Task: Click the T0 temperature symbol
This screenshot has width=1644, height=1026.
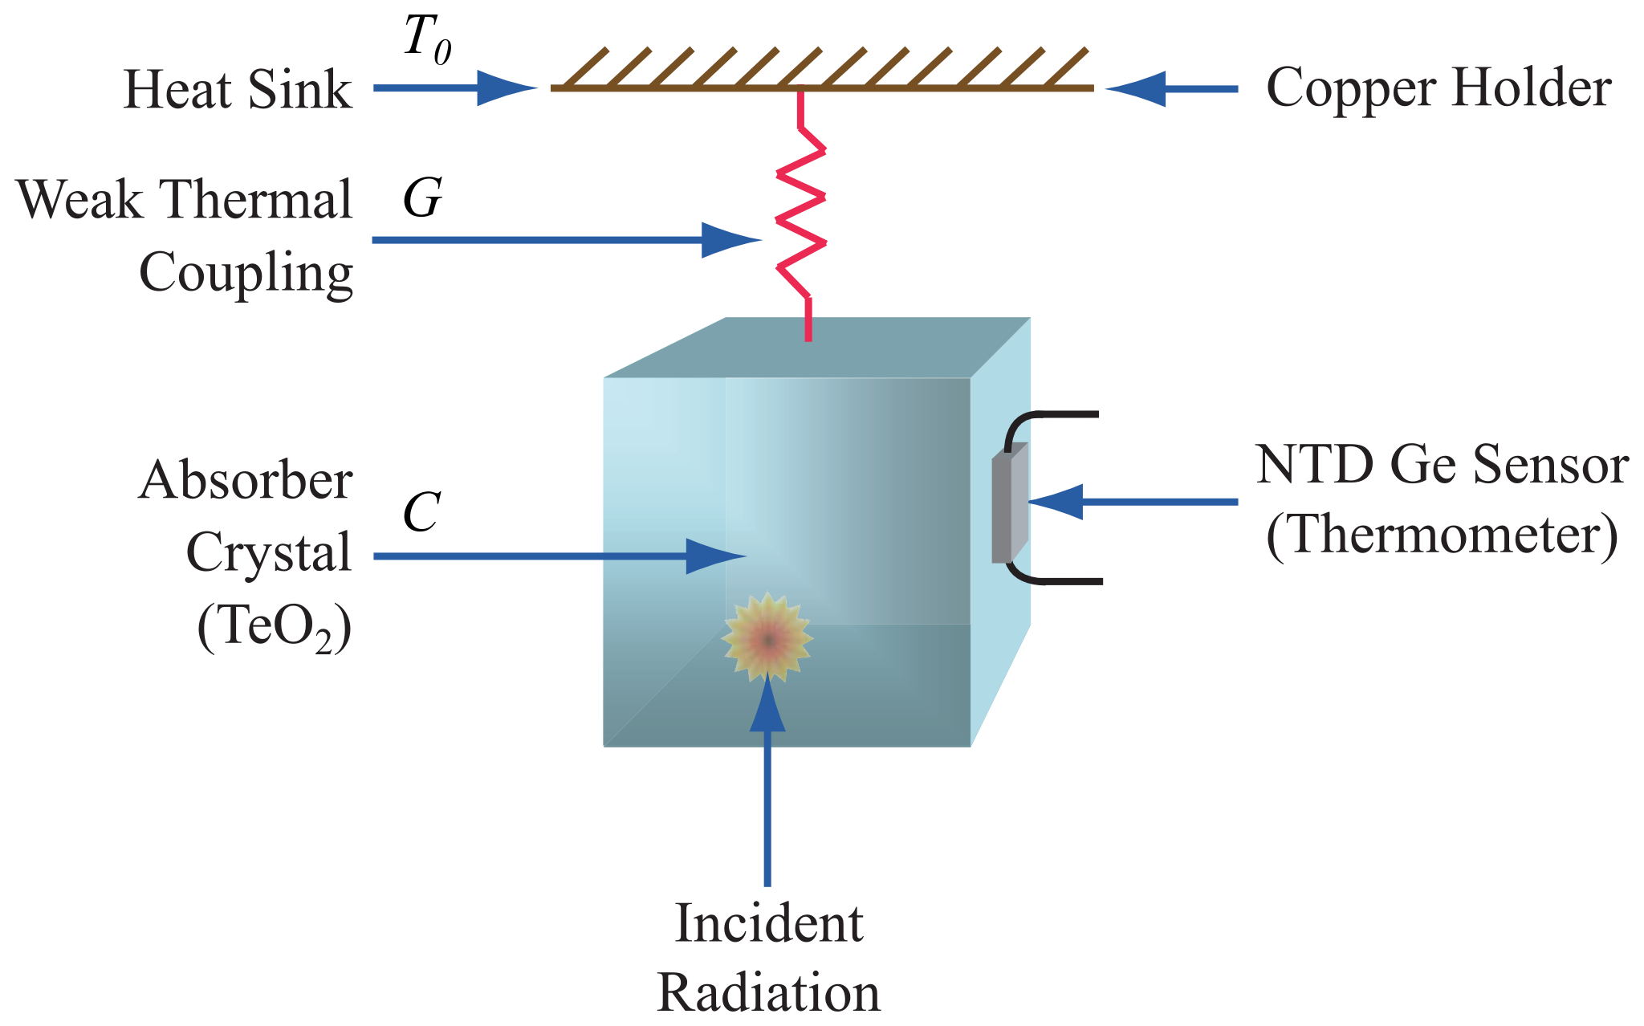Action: (426, 39)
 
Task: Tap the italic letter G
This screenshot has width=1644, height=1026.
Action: (422, 197)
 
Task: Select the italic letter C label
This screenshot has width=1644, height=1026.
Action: (421, 511)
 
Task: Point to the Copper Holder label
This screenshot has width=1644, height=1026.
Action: (1438, 88)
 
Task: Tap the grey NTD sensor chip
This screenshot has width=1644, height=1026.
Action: (1009, 506)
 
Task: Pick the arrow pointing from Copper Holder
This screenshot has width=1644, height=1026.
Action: (1172, 88)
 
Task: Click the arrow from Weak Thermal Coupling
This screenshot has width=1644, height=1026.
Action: (562, 239)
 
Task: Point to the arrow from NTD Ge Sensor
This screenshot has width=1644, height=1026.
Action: (1132, 502)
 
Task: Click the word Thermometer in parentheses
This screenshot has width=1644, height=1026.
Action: (1442, 536)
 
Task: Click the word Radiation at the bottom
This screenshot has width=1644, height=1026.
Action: (768, 993)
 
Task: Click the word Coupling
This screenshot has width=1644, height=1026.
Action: (246, 274)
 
